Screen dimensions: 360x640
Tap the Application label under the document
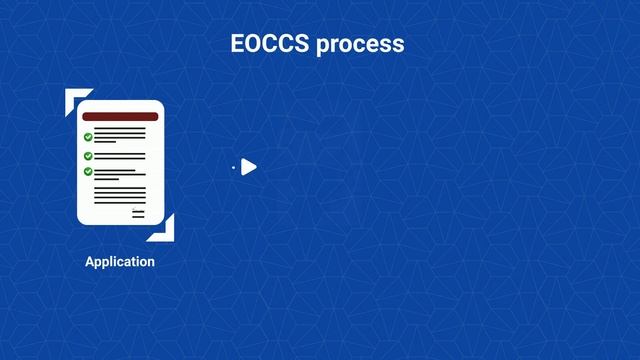(120, 262)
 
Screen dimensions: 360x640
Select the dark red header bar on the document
(120, 117)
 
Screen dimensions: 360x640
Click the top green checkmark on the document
(88, 137)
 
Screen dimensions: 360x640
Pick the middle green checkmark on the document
(88, 156)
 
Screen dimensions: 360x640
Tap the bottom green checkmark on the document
(88, 171)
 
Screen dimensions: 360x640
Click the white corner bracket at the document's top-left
(74, 98)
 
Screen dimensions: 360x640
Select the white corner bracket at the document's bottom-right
(165, 231)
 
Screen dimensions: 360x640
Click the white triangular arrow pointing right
(249, 167)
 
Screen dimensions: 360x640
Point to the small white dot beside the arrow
(233, 168)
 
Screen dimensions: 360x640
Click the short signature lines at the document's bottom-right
(138, 212)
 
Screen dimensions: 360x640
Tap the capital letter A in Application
(90, 262)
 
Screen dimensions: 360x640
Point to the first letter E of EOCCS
(238, 44)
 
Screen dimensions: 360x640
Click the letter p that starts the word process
(323, 46)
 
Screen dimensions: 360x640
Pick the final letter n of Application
(151, 262)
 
